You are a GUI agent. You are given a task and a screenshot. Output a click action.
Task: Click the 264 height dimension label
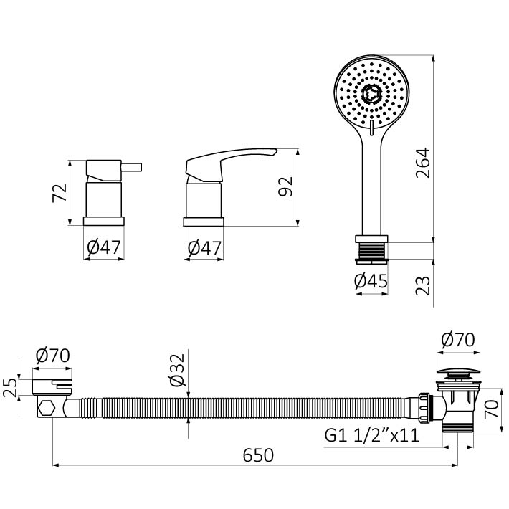[x=423, y=163]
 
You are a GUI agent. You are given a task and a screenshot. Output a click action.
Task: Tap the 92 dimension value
[x=285, y=186]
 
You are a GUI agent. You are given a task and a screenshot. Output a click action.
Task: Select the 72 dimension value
[x=60, y=193]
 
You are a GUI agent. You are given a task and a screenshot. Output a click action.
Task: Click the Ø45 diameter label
[x=371, y=281]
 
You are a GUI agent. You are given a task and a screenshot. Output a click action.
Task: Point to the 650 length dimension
[x=258, y=455]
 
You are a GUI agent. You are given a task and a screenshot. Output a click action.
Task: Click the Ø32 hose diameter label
[x=177, y=370]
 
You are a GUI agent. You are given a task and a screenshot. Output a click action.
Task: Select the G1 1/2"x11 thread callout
[x=372, y=435]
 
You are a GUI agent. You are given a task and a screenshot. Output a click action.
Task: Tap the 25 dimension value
[x=10, y=387]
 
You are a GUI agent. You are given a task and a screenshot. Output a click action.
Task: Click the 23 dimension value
[x=423, y=285]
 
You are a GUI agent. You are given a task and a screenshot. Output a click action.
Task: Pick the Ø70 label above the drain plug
[x=457, y=340]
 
